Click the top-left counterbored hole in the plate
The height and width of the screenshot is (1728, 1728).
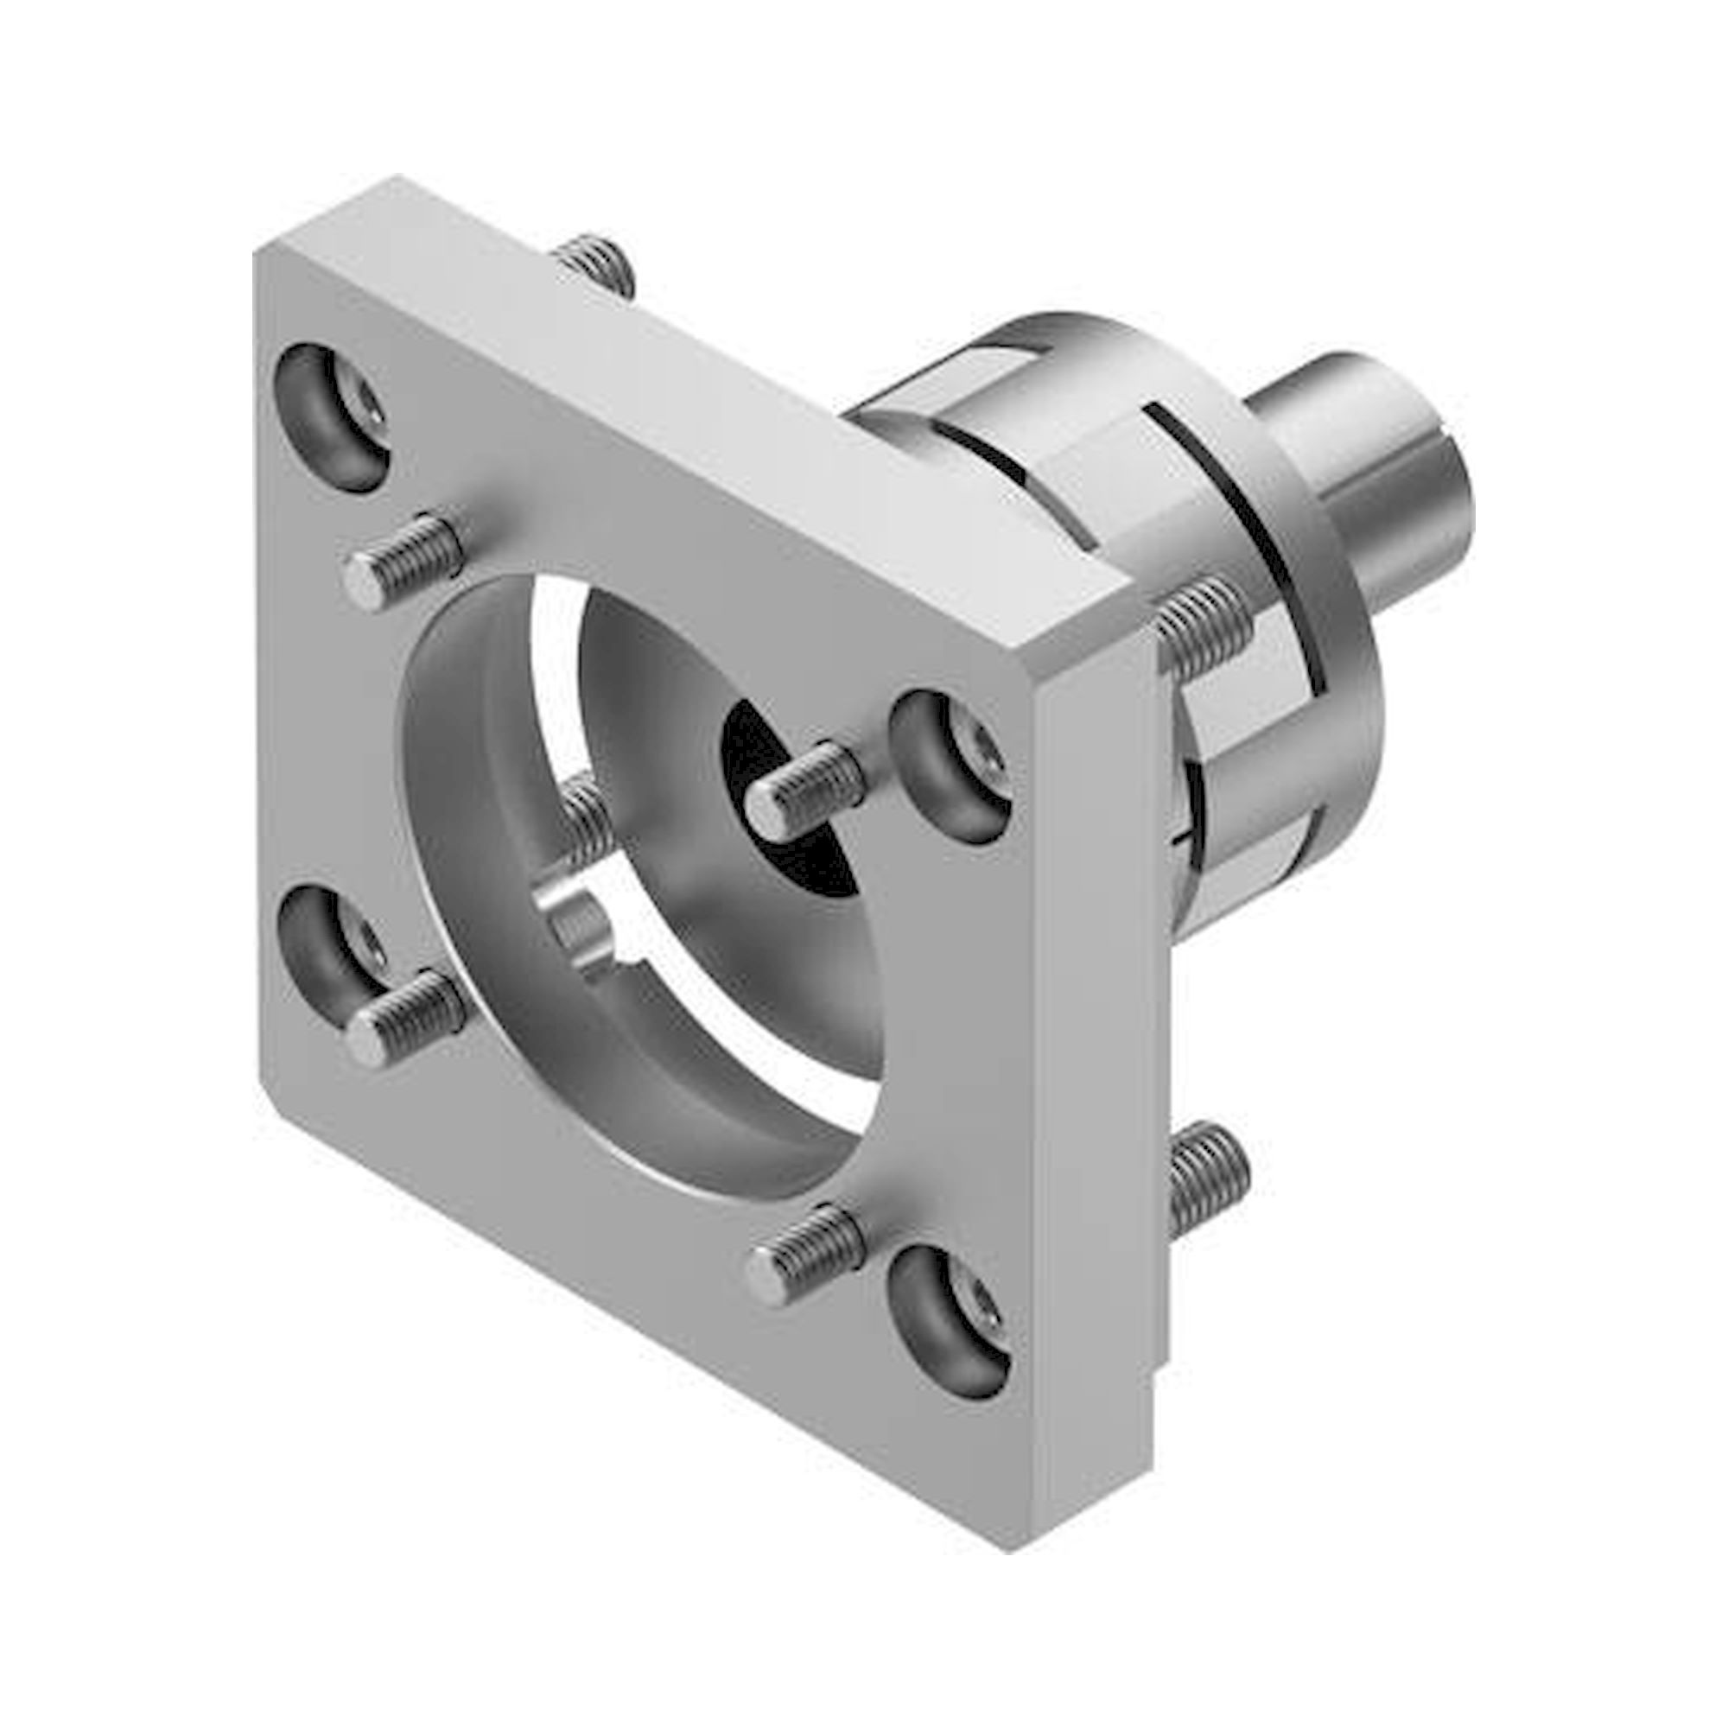coord(331,417)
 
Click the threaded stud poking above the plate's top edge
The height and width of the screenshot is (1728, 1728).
coord(594,264)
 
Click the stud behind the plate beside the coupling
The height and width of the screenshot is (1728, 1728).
coord(1203,621)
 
